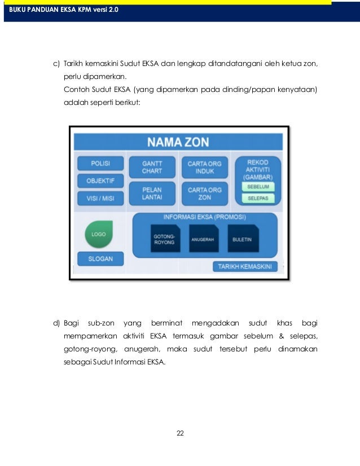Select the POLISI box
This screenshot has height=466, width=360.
pyautogui.click(x=100, y=164)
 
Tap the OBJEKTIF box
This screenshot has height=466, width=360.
pyautogui.click(x=100, y=181)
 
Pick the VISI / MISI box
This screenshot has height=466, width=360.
pyautogui.click(x=100, y=198)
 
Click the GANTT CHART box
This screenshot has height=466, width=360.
pyautogui.click(x=152, y=167)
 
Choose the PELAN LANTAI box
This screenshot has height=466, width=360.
pyautogui.click(x=152, y=194)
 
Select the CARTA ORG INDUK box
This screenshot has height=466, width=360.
pyautogui.click(x=204, y=167)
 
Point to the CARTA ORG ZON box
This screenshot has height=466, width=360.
pyautogui.click(x=204, y=194)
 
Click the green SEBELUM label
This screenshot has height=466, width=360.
pyautogui.click(x=257, y=186)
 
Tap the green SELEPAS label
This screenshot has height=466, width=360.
pyautogui.click(x=257, y=199)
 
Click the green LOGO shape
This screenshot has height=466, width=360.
pyautogui.click(x=99, y=234)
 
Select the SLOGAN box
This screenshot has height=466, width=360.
pyautogui.click(x=100, y=259)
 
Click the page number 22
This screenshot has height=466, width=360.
pyautogui.click(x=180, y=433)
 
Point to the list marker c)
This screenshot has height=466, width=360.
pyautogui.click(x=56, y=64)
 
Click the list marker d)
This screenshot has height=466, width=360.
pyautogui.click(x=56, y=323)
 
